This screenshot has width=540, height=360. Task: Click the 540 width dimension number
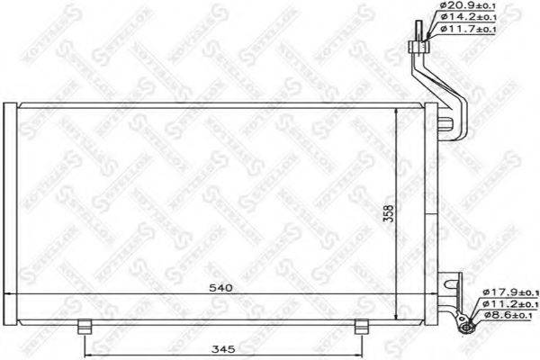(222, 288)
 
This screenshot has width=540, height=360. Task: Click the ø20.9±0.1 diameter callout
(467, 8)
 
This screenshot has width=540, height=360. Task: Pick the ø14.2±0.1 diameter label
(467, 19)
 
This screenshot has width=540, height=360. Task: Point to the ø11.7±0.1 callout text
(467, 30)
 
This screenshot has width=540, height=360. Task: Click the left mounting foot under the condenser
(84, 326)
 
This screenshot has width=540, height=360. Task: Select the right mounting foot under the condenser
(361, 326)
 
